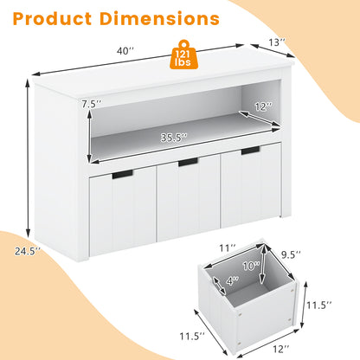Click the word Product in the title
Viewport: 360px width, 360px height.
tap(52, 19)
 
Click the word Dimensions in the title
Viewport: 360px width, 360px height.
tap(159, 19)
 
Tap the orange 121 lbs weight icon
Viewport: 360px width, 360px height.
tap(183, 55)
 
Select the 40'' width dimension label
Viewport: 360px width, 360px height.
tap(125, 51)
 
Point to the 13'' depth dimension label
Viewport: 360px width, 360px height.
tap(277, 42)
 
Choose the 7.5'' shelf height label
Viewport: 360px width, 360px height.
tap(92, 104)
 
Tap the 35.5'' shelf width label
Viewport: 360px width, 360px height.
tap(174, 138)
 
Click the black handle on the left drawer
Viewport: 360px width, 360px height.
tap(123, 174)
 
